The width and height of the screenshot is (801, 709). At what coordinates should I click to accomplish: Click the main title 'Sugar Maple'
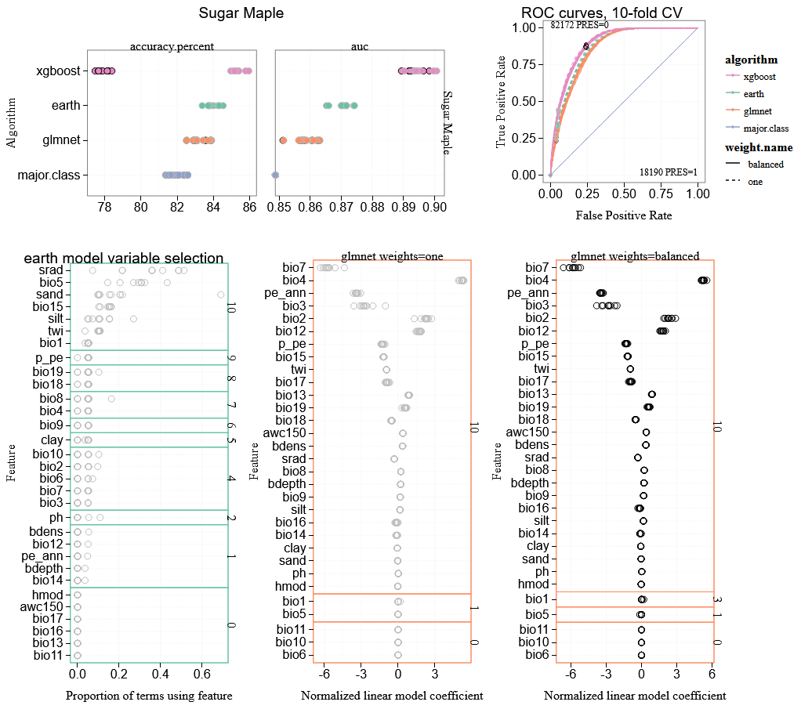click(241, 13)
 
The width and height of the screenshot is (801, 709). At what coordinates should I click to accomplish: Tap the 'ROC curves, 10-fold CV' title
click(601, 13)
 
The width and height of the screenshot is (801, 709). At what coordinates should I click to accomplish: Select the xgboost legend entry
click(759, 77)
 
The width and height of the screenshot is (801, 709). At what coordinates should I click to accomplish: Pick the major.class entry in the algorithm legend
click(766, 128)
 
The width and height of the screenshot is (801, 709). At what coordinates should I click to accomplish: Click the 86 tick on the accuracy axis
click(249, 207)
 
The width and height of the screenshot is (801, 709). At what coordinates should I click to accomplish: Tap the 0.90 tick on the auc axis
click(434, 207)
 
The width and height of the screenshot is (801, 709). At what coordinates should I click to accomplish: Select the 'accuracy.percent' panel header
click(172, 47)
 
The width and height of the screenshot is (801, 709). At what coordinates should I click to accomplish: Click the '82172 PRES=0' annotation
click(579, 25)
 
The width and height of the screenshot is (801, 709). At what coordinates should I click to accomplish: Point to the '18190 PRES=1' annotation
click(668, 172)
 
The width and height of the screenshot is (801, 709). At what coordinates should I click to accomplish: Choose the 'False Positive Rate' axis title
click(623, 215)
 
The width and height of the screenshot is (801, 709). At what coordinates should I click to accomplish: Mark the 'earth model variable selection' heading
click(124, 259)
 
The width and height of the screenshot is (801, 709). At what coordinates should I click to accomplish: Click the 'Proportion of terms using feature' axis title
click(149, 696)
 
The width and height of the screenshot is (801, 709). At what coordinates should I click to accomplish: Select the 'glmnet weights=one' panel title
click(392, 255)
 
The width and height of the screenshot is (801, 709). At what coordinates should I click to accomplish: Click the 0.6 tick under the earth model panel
click(201, 673)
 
